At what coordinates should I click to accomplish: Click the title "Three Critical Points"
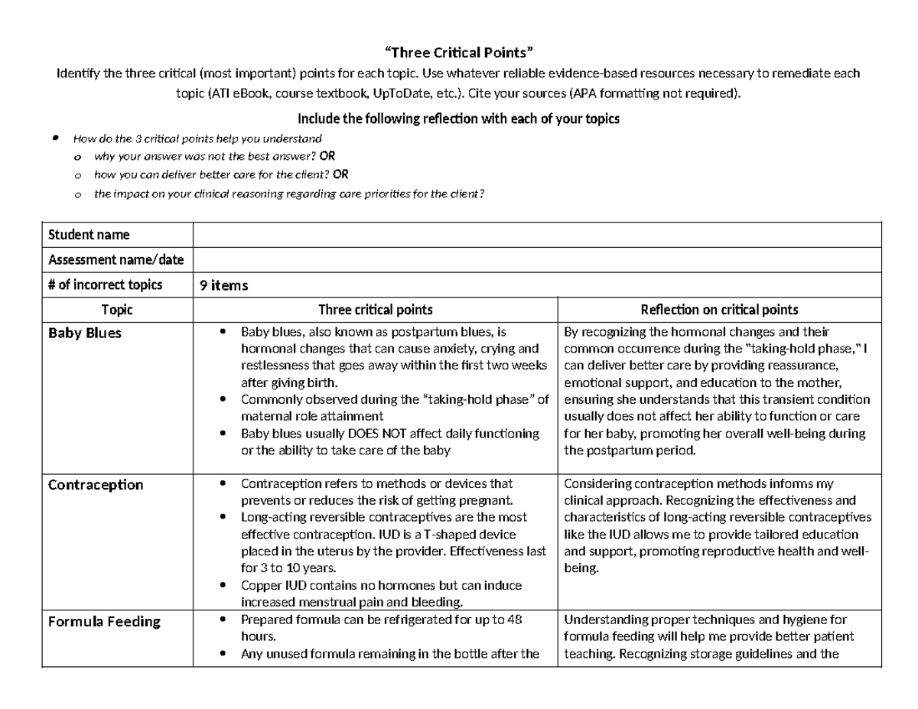pyautogui.click(x=458, y=53)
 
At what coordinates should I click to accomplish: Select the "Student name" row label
pyautogui.click(x=89, y=235)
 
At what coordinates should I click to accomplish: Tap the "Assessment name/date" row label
pyautogui.click(x=116, y=259)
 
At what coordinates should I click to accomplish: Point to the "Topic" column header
pyautogui.click(x=117, y=310)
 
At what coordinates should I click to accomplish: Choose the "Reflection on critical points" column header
pyautogui.click(x=718, y=310)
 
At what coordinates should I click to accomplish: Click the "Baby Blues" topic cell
pyautogui.click(x=85, y=333)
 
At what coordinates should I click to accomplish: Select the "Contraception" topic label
pyautogui.click(x=96, y=485)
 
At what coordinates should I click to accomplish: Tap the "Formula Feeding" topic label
pyautogui.click(x=104, y=621)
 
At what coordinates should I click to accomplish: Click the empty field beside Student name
pyautogui.click(x=535, y=235)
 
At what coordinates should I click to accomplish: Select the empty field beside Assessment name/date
pyautogui.click(x=535, y=259)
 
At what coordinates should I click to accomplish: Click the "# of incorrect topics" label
pyautogui.click(x=105, y=285)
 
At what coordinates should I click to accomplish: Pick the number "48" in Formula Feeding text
pyautogui.click(x=514, y=620)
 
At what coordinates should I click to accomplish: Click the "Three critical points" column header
pyautogui.click(x=376, y=310)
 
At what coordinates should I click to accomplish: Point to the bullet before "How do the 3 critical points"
pyautogui.click(x=55, y=138)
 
